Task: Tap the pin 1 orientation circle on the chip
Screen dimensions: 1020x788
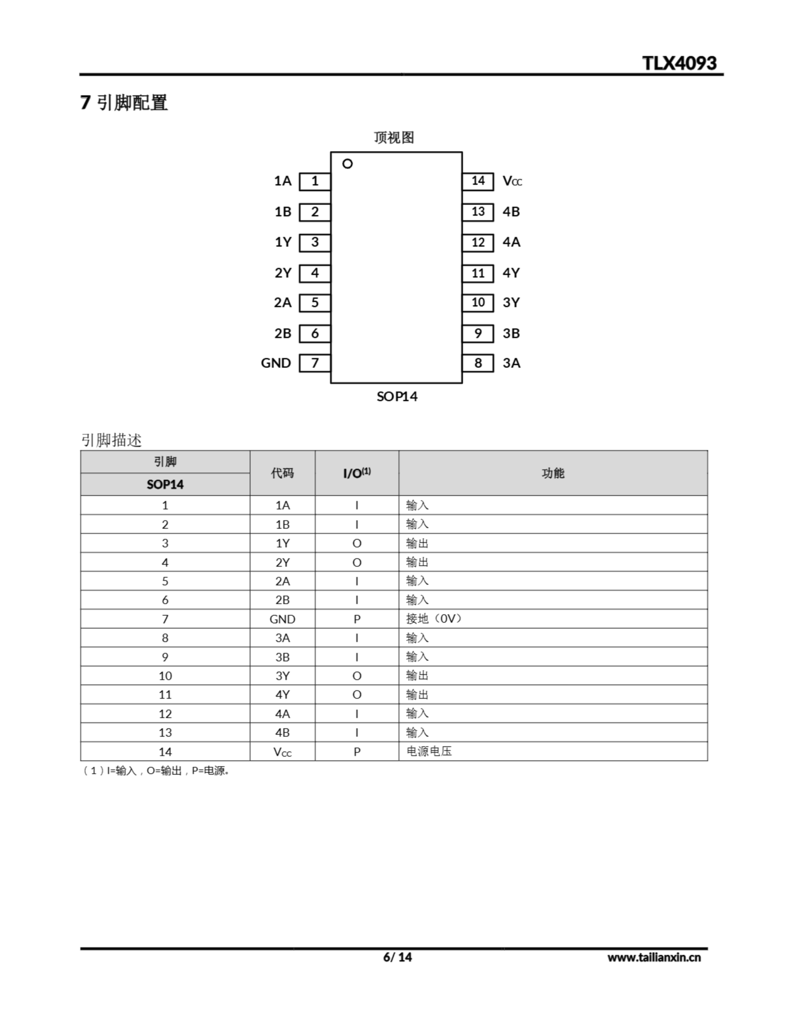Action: pyautogui.click(x=347, y=164)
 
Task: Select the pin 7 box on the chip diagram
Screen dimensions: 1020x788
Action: pyautogui.click(x=315, y=363)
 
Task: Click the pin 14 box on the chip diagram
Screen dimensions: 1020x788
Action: pyautogui.click(x=478, y=181)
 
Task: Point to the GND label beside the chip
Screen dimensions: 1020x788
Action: pyautogui.click(x=276, y=363)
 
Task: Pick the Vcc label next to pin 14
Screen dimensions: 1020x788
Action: pyautogui.click(x=512, y=181)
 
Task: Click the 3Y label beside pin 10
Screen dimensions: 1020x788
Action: pyautogui.click(x=511, y=303)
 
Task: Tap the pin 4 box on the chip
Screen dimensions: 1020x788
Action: pyautogui.click(x=315, y=273)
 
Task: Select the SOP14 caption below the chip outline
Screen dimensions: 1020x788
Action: pyautogui.click(x=397, y=396)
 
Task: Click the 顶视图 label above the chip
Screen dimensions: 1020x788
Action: pyautogui.click(x=394, y=137)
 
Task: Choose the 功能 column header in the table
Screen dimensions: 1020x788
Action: pyautogui.click(x=553, y=473)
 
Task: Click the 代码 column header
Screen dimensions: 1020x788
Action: pyautogui.click(x=282, y=473)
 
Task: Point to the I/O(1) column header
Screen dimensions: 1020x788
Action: pyautogui.click(x=357, y=473)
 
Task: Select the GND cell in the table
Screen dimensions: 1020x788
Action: pyautogui.click(x=282, y=619)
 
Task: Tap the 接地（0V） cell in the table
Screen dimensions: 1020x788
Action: pyautogui.click(x=434, y=619)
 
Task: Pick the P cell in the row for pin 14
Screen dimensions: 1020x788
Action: pyautogui.click(x=357, y=752)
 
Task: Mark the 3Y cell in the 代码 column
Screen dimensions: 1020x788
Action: pyautogui.click(x=282, y=676)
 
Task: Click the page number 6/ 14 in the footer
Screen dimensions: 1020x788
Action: pyautogui.click(x=398, y=957)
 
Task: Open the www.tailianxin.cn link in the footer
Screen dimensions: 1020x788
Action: pyautogui.click(x=654, y=957)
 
